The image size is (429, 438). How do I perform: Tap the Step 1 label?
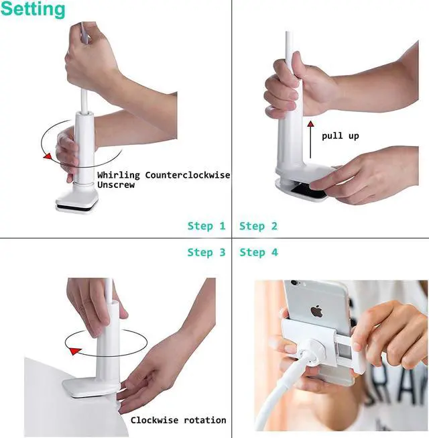tap(206, 226)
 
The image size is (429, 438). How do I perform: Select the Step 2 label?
tap(258, 226)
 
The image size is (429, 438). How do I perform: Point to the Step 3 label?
tap(206, 252)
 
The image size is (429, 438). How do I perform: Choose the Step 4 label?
tap(258, 252)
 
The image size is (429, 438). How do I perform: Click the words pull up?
tap(340, 135)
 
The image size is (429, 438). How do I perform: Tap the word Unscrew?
tap(116, 184)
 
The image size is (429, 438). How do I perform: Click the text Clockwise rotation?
tap(178, 420)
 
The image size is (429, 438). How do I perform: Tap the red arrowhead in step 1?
tap(46, 156)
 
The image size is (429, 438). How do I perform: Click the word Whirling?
tap(119, 175)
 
